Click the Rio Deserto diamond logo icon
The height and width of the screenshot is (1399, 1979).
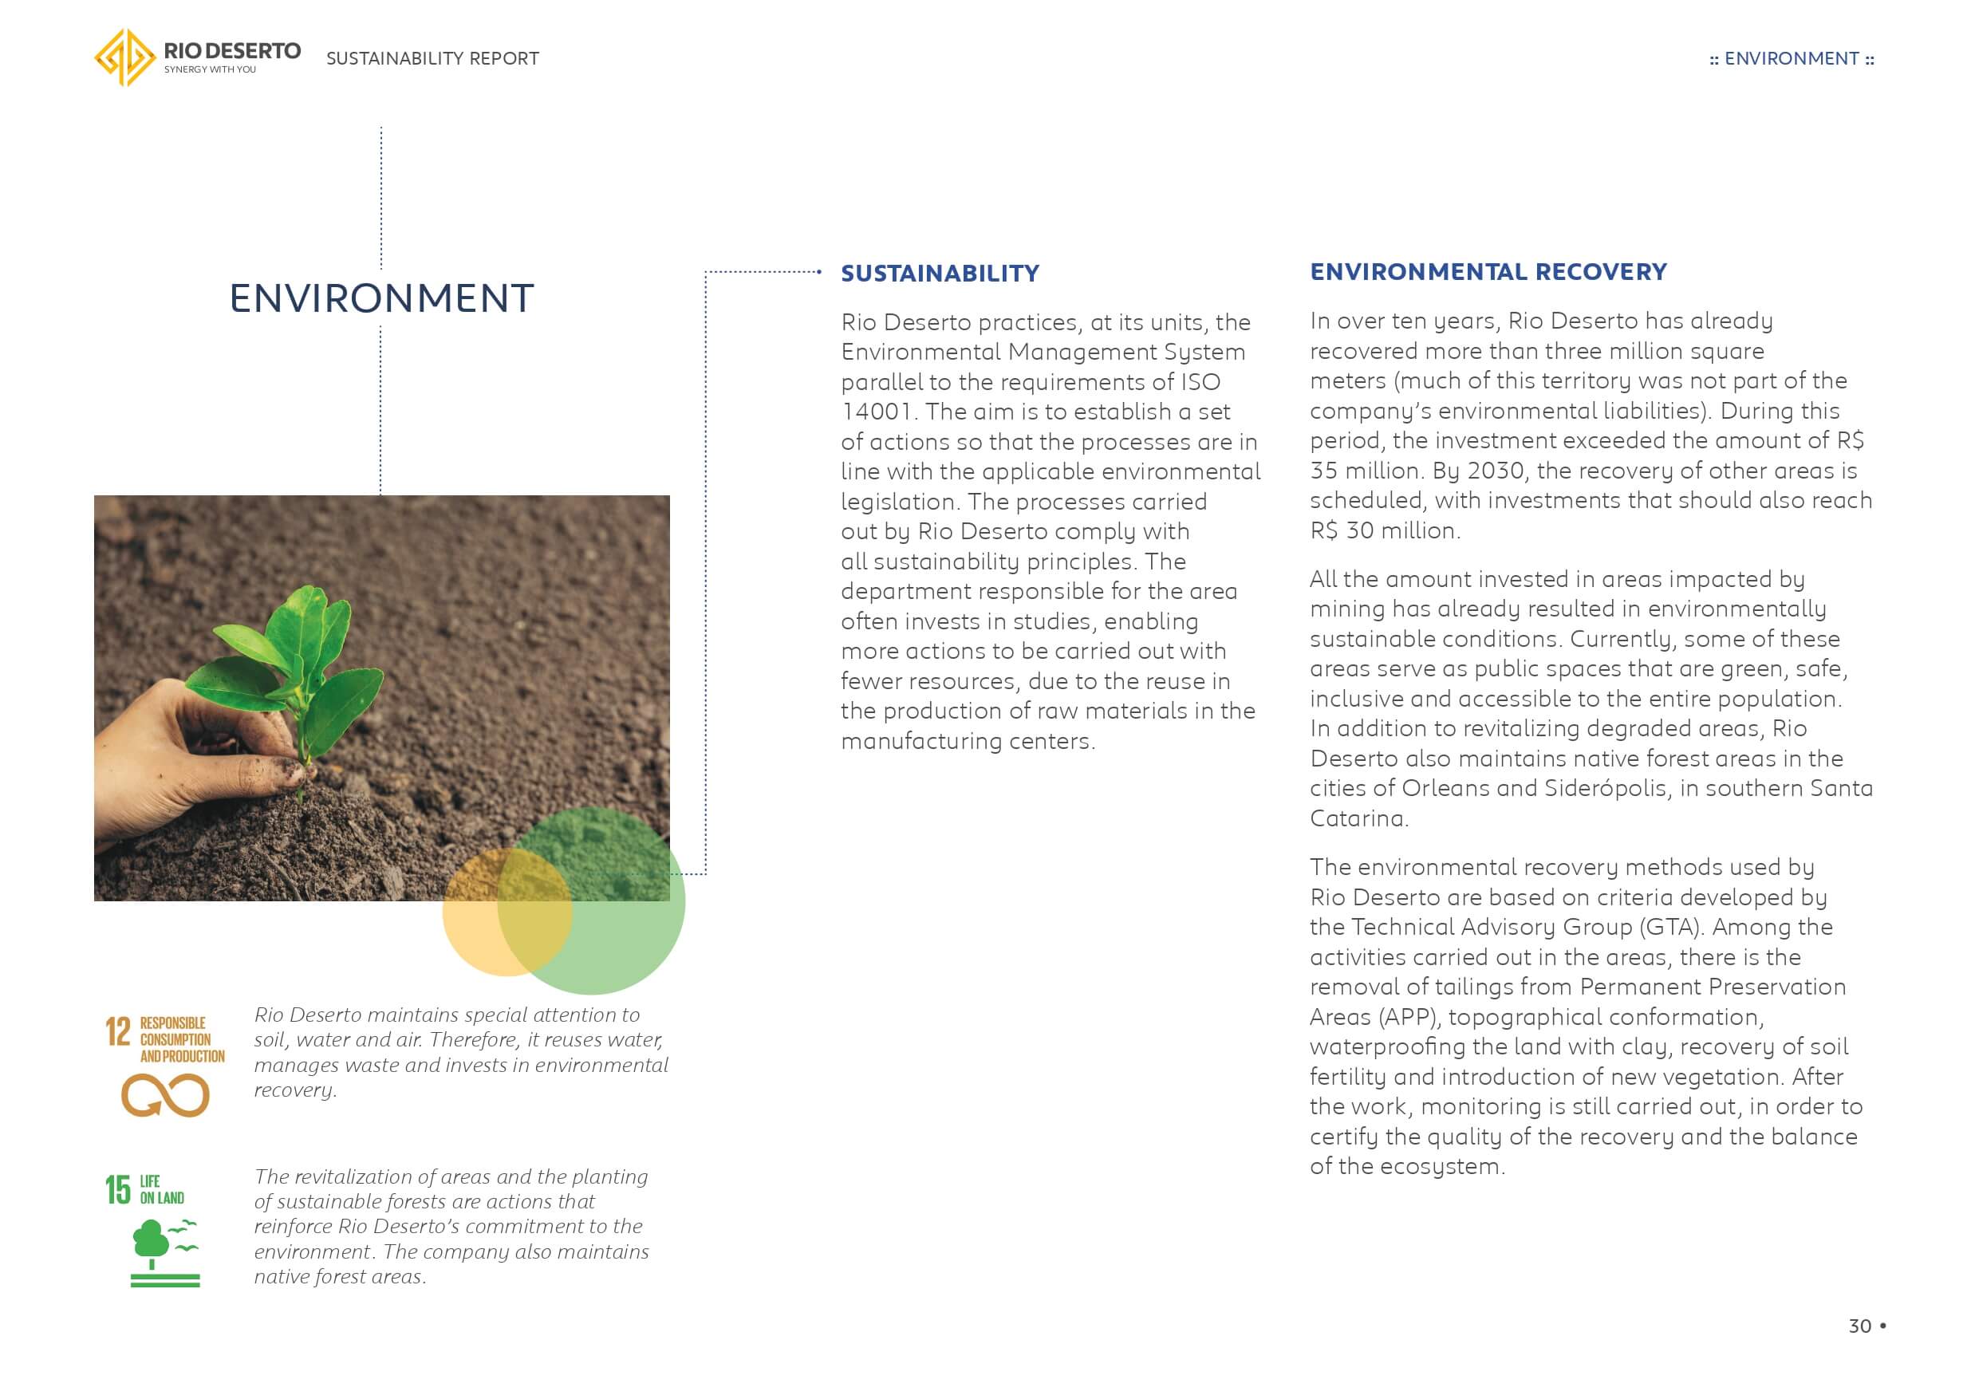pos(125,57)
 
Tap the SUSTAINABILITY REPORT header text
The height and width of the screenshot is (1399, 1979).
pos(432,58)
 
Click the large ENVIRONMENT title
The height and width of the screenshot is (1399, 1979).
pos(381,298)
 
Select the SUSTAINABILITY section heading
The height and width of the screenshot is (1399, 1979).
pos(940,274)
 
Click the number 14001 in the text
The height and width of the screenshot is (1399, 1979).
pos(876,412)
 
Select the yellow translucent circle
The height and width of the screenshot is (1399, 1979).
pos(483,914)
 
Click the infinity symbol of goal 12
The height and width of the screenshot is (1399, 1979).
pos(164,1096)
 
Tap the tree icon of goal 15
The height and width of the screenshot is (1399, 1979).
pos(152,1242)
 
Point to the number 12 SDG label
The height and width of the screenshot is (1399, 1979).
pos(118,1032)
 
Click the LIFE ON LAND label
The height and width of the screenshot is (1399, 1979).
pos(161,1189)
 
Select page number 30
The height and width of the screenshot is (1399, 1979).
pos(1859,1326)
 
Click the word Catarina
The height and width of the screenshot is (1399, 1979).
pos(1357,819)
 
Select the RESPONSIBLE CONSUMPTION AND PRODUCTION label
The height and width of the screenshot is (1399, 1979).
pos(181,1039)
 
